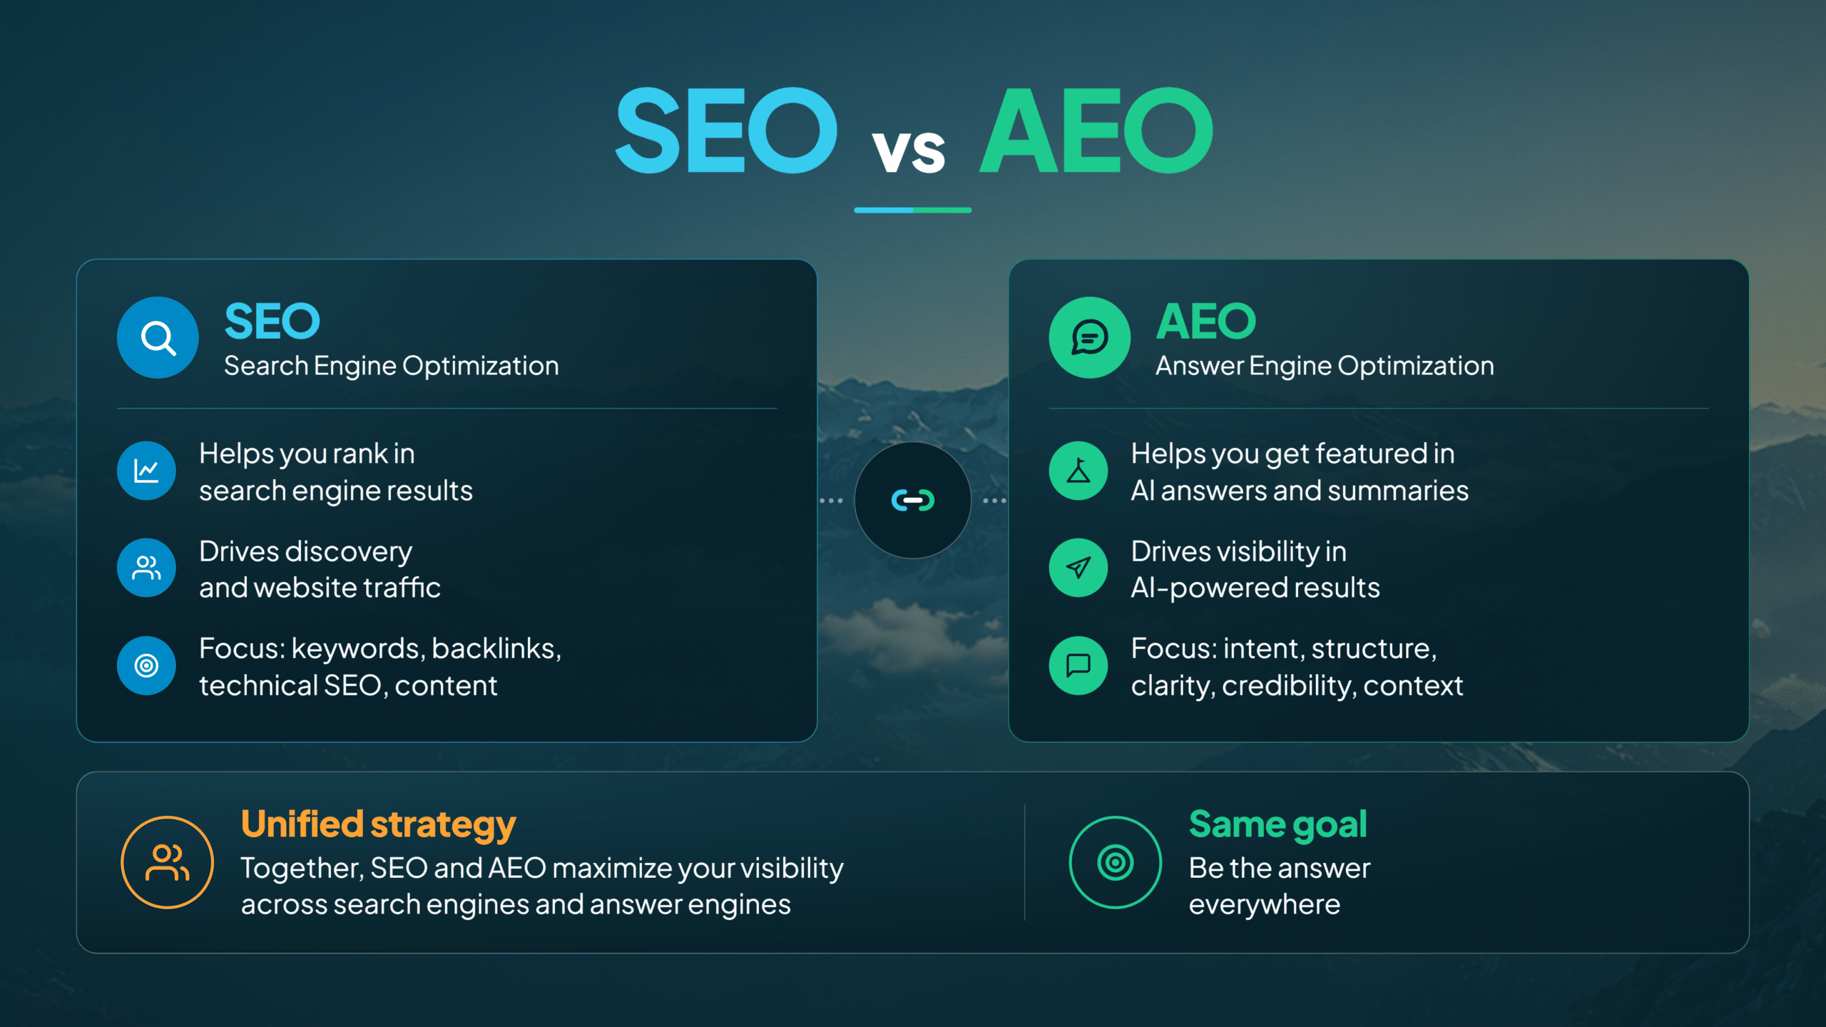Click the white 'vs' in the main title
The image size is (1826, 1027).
[x=909, y=151]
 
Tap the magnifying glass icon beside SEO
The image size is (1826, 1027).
[x=158, y=337]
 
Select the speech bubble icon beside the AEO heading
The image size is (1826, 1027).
[x=1089, y=337]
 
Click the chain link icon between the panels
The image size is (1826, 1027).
[x=913, y=500]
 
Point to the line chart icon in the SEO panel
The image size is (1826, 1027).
[x=146, y=471]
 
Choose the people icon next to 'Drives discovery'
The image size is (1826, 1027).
[x=146, y=568]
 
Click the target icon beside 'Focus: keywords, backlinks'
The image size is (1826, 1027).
[x=146, y=665]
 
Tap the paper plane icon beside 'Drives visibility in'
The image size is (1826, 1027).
[x=1078, y=568]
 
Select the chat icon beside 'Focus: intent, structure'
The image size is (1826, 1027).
[x=1078, y=665]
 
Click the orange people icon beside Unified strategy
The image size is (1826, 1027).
[x=167, y=862]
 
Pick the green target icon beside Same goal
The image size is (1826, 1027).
[x=1116, y=862]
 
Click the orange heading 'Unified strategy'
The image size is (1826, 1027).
[x=378, y=825]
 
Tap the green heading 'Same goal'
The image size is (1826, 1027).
[x=1278, y=825]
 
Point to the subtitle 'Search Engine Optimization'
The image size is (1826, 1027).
[x=392, y=366]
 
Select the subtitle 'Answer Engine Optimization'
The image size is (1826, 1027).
[x=1325, y=366]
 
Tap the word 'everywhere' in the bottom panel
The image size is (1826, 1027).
[x=1265, y=905]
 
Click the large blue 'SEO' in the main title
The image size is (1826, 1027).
[x=726, y=131]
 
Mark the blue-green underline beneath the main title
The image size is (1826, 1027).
[x=913, y=210]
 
